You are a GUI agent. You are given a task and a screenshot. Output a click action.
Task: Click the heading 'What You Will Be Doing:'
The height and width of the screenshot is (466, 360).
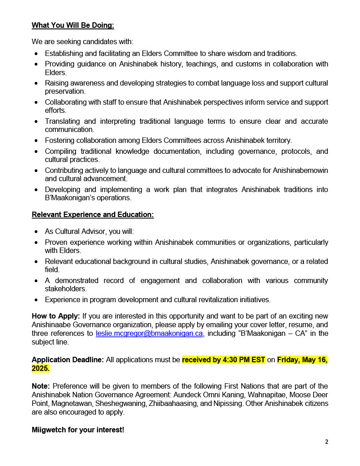click(73, 25)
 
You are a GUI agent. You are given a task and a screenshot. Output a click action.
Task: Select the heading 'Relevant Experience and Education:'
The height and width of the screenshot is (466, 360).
click(92, 215)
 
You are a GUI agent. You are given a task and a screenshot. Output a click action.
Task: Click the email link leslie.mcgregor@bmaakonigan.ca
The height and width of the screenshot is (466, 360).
click(149, 334)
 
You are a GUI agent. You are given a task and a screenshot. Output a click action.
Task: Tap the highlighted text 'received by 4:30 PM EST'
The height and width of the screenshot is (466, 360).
click(223, 360)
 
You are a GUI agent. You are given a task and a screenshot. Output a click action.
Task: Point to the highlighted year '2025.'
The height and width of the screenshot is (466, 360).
click(41, 368)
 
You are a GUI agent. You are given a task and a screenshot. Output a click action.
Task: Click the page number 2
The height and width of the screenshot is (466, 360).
click(326, 441)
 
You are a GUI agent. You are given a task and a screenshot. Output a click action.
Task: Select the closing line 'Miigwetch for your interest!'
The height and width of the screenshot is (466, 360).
click(78, 430)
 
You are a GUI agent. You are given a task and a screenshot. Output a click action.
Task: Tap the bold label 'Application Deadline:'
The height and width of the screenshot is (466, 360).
click(68, 360)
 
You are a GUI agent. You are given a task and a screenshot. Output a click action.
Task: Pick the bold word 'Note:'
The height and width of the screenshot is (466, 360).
click(41, 386)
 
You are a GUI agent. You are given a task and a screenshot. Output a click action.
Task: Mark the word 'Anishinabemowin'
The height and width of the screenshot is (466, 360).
click(301, 171)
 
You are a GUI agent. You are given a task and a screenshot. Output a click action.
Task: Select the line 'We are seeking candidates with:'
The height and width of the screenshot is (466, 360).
click(82, 42)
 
